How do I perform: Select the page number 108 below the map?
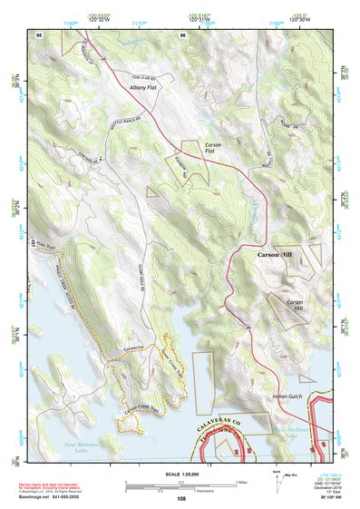coord(181,499)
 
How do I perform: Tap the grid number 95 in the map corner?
coord(39,33)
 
